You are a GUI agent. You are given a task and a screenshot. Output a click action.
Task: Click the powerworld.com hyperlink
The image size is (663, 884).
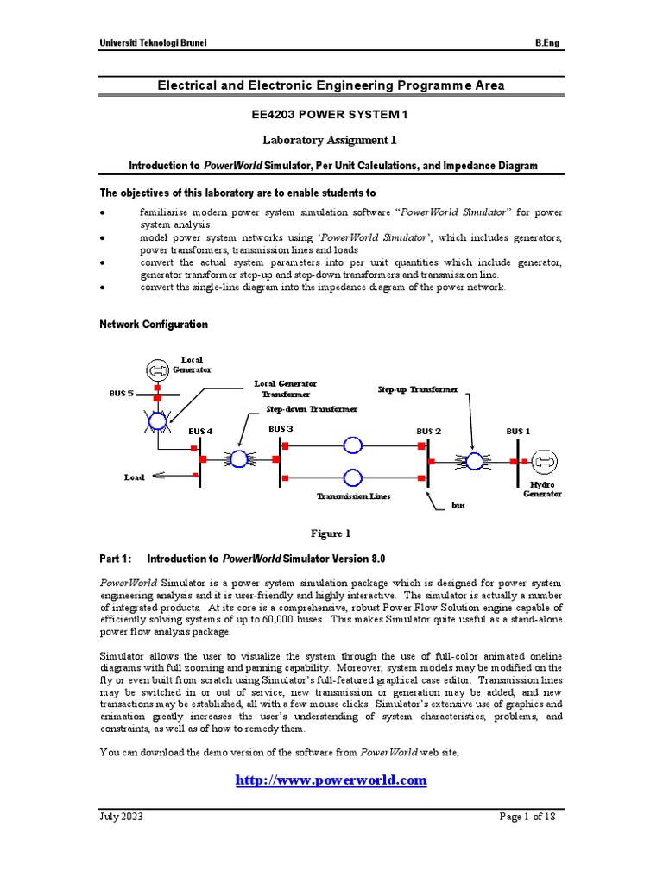[x=331, y=780]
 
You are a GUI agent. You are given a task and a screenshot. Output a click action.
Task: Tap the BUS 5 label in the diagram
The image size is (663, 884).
[x=122, y=393]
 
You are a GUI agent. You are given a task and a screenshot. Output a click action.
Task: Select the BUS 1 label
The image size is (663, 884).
[x=518, y=430]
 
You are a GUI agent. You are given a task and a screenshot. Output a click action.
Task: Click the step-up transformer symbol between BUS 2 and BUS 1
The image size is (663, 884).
[x=475, y=461]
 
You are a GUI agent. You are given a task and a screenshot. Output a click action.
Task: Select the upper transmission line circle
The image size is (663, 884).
[x=352, y=445]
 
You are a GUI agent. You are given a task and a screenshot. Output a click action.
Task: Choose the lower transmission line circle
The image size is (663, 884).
[x=352, y=477]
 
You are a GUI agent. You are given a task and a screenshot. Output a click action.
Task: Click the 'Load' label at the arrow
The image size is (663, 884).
[x=135, y=476]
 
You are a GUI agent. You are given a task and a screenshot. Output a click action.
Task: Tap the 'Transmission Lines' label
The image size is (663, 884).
[x=353, y=496]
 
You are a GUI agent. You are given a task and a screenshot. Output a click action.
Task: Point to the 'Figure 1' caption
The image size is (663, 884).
[x=331, y=534]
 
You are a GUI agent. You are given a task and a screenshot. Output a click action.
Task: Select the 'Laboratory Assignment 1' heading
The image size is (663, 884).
[x=331, y=139]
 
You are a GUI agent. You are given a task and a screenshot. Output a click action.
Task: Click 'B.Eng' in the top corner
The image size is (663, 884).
[x=547, y=42]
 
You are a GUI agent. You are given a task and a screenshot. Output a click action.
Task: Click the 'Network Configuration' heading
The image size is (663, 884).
[x=154, y=325]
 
